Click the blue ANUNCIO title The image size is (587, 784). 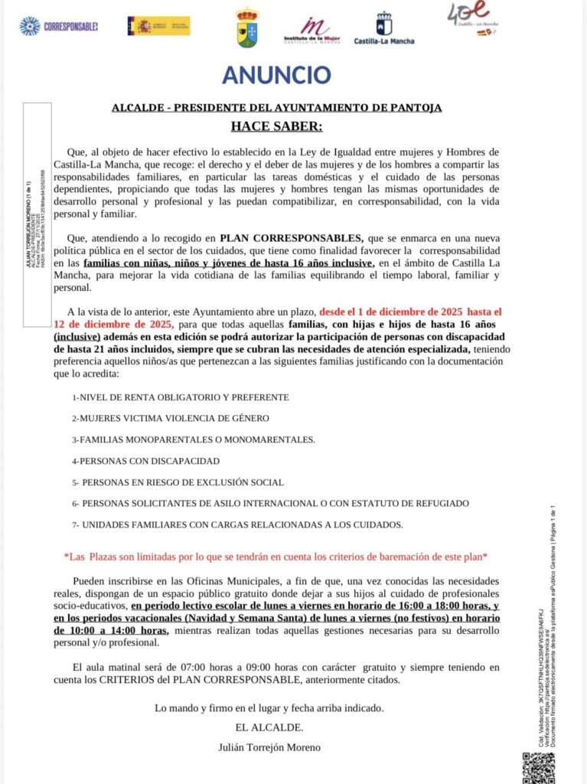[276, 75]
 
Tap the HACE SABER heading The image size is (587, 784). [276, 126]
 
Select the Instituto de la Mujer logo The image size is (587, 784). [311, 31]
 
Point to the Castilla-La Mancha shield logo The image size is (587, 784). [383, 28]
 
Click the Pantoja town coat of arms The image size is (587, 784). [247, 28]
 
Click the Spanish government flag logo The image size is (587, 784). [158, 26]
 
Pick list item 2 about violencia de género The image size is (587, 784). [170, 418]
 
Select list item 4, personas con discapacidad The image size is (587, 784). [145, 461]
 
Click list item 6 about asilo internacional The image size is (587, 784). [270, 503]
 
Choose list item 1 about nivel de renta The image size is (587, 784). [180, 397]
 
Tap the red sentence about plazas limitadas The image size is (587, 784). [276, 557]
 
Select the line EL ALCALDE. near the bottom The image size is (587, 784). [269, 727]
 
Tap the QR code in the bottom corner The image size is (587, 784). [538, 767]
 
